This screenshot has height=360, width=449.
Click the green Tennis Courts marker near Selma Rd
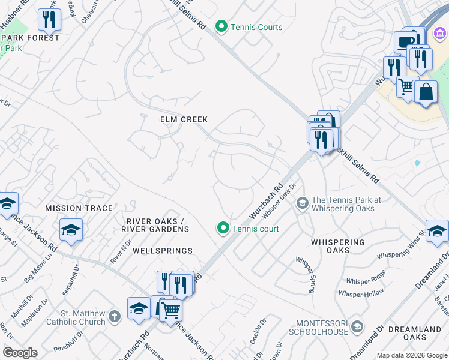[221, 26]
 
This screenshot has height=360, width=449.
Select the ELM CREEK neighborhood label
[184, 119]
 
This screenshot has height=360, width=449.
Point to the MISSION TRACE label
[79, 208]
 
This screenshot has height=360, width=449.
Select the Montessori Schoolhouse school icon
[357, 326]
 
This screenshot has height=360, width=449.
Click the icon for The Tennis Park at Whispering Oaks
[302, 204]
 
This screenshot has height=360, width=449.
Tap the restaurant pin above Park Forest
[49, 20]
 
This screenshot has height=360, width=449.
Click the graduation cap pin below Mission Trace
[71, 230]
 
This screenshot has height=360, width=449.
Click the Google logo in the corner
[20, 353]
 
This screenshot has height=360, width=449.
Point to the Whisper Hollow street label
[361, 293]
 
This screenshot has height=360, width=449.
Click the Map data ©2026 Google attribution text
[411, 355]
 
